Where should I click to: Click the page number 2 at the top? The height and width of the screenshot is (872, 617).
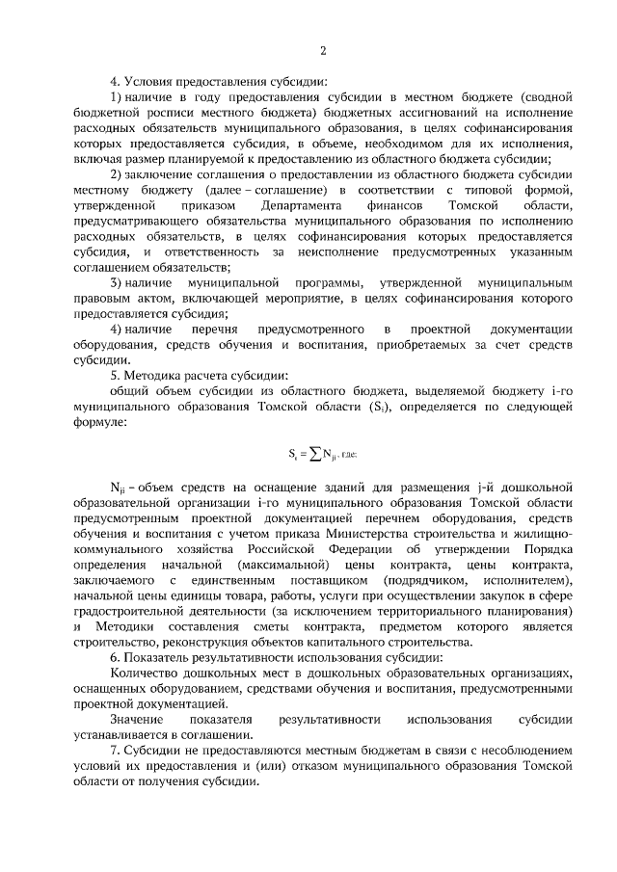pos(324,50)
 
